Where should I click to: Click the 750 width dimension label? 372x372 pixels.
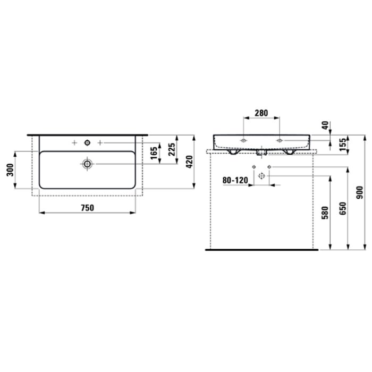coord(88,208)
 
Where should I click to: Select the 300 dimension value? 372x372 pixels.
coord(10,170)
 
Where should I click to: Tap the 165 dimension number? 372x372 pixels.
coord(154,153)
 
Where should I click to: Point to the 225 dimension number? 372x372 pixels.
coord(172,149)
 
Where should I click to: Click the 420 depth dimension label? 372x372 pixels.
coord(189,162)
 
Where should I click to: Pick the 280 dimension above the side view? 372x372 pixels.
coord(261,113)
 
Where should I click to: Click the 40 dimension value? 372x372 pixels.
coord(325,125)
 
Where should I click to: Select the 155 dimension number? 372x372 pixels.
coord(343,145)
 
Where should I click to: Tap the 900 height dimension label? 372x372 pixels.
coord(360,192)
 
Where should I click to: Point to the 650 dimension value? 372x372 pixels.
coord(343,209)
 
